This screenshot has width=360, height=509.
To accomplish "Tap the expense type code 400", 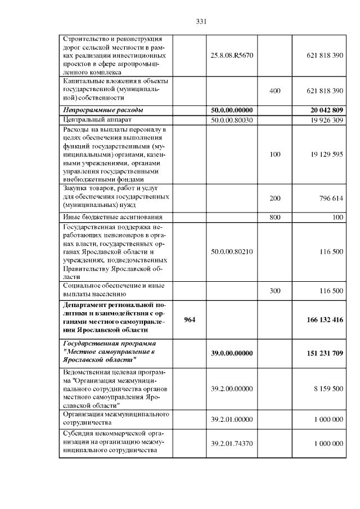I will point(275,90).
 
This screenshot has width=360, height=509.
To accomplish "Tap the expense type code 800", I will point(275,217).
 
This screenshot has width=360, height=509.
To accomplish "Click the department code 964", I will point(190,319).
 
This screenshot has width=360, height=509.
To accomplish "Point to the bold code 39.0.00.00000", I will point(232,353).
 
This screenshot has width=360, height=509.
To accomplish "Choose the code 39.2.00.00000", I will point(232,388).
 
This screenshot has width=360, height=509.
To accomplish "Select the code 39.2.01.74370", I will point(232,444).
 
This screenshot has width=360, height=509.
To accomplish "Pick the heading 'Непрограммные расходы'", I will point(103,110).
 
